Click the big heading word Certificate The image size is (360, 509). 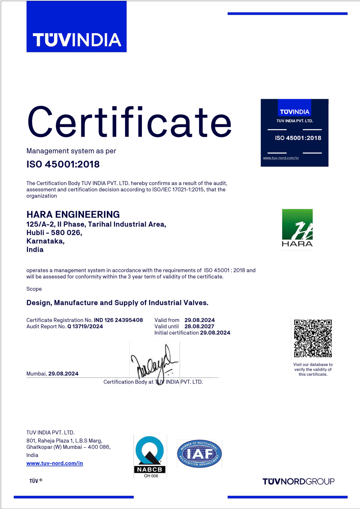[x=129, y=122]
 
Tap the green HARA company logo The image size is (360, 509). [x=297, y=228]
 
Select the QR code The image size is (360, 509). [x=313, y=338]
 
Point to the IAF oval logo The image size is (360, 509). [x=199, y=454]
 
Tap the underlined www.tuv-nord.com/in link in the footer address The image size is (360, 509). [x=55, y=463]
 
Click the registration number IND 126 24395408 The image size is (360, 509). [x=118, y=320]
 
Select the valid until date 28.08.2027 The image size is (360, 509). [x=199, y=326]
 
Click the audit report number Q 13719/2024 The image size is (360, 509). [x=85, y=326]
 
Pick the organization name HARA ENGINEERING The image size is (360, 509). [x=73, y=214]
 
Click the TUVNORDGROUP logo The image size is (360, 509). [x=298, y=482]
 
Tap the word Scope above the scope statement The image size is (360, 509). [x=34, y=289]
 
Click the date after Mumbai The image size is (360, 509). [x=63, y=374]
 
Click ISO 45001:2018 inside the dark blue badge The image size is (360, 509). [x=298, y=138]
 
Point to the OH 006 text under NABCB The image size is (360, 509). [x=151, y=476]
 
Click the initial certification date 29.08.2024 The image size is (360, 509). [x=215, y=333]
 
